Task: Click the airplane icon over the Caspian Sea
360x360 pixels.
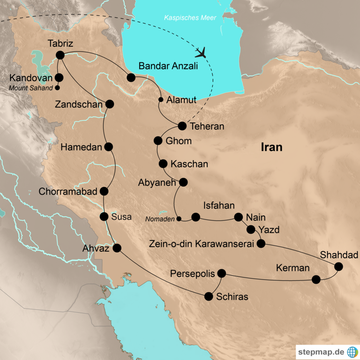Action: click(x=202, y=51)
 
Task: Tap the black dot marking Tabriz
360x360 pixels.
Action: click(x=60, y=55)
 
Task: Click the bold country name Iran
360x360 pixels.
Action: click(x=271, y=147)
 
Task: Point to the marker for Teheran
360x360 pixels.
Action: click(x=182, y=126)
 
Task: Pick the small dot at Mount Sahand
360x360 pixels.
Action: click(x=58, y=87)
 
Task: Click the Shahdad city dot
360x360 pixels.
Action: click(x=338, y=267)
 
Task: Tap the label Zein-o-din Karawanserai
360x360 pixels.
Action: click(x=201, y=244)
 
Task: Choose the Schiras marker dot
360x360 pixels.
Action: click(x=209, y=296)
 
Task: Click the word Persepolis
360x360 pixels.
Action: click(x=192, y=273)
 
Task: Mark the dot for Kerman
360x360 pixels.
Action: click(x=316, y=279)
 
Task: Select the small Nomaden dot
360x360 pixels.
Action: click(x=178, y=218)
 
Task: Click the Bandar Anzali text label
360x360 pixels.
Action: click(x=168, y=66)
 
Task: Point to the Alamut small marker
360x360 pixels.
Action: click(x=161, y=99)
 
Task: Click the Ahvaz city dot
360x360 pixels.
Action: click(x=117, y=248)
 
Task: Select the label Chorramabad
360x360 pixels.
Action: click(x=68, y=192)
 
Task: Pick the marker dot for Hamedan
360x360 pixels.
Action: click(x=109, y=147)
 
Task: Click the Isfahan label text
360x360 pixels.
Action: click(x=219, y=205)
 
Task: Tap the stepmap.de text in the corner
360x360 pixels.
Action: click(x=321, y=352)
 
